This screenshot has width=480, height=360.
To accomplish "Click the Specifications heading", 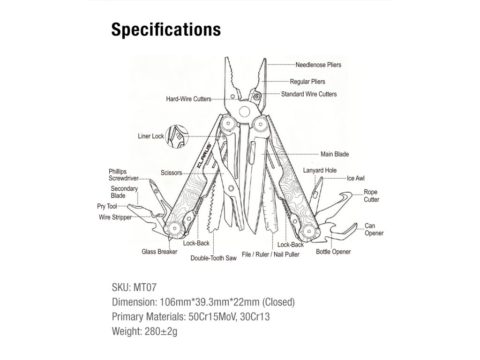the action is (166, 30).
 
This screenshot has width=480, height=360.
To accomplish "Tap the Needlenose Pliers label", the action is (318, 65).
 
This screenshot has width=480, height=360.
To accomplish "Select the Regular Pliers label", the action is (307, 82).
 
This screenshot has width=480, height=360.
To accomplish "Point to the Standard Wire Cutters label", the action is (308, 94).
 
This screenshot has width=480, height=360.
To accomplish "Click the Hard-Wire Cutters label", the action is (188, 99).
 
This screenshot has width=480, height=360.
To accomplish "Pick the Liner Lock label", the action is (151, 136).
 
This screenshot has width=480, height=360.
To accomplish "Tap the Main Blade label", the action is (335, 154).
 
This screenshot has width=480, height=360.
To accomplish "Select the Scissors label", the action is (171, 173).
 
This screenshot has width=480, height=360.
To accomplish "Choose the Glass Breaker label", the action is (159, 252).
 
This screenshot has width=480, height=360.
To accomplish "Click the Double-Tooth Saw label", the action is (213, 258).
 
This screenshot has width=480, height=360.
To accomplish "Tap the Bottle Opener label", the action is (333, 252).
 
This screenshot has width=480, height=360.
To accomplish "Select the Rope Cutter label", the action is (371, 196).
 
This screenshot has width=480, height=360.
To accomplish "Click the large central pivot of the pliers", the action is (244, 112).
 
